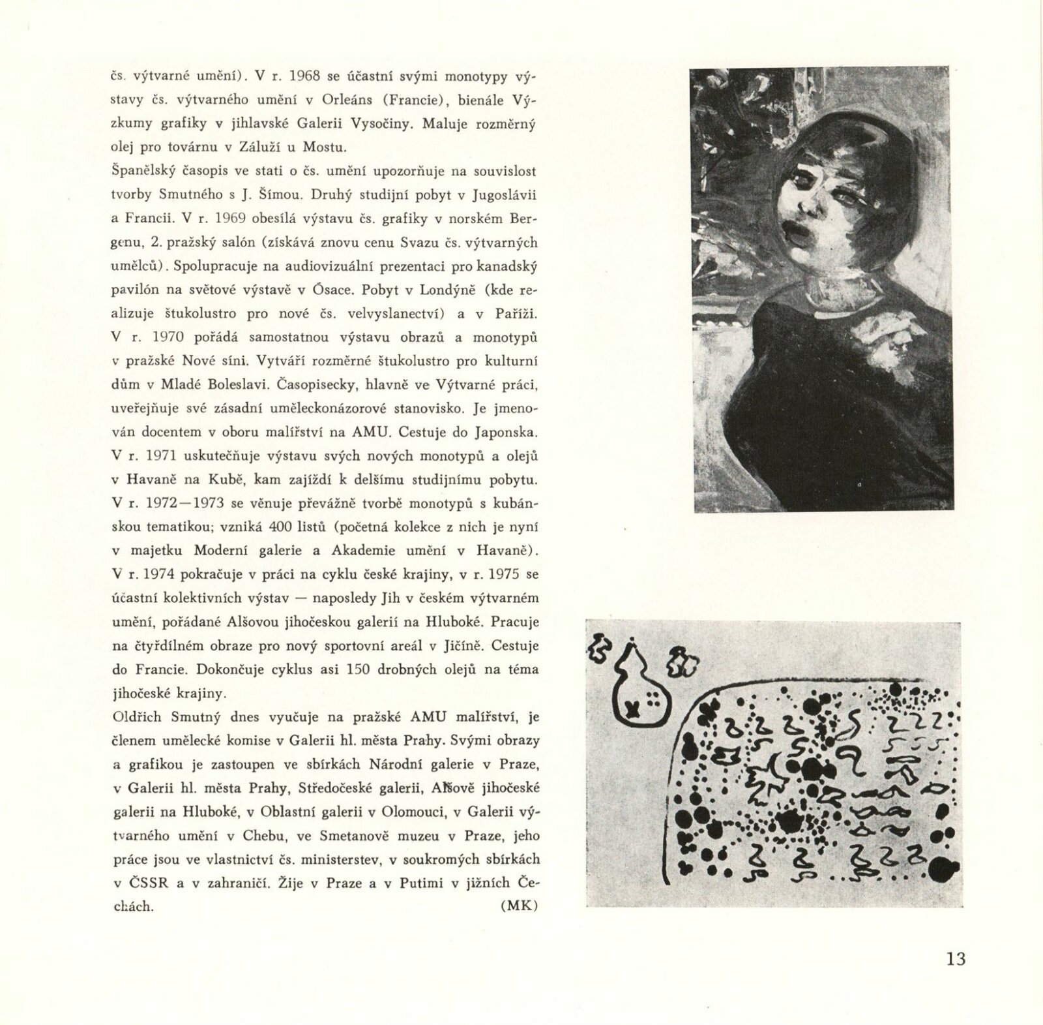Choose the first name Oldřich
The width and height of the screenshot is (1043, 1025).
point(139,718)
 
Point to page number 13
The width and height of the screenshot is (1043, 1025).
point(956,960)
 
